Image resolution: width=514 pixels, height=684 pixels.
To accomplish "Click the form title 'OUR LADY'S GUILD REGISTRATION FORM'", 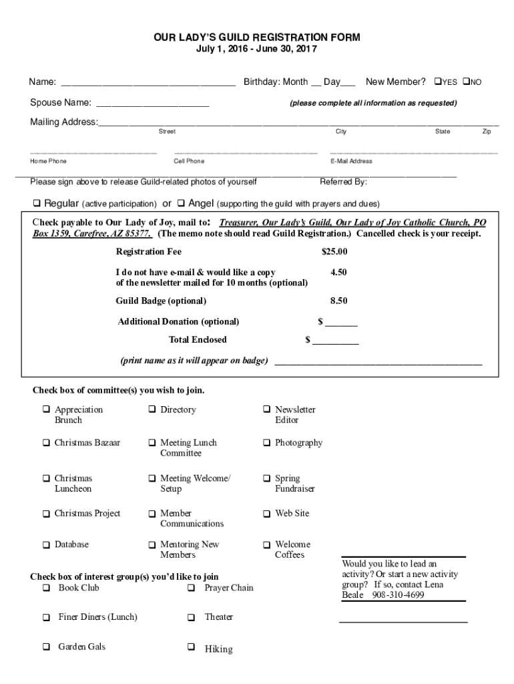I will (x=257, y=37).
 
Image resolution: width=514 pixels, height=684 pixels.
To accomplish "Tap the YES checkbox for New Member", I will (x=438, y=81).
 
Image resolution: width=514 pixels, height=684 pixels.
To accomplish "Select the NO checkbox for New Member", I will (x=466, y=81).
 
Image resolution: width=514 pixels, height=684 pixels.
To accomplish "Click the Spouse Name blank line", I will (x=153, y=104).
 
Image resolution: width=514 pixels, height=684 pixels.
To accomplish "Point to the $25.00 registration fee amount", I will (x=334, y=252).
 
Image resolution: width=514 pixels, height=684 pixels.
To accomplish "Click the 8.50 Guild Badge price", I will (x=338, y=301).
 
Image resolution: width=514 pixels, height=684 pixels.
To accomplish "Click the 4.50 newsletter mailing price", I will (x=338, y=273).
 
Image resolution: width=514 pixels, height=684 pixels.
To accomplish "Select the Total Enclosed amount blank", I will (x=336, y=341).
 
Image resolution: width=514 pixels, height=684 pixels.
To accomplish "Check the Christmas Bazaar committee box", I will (x=46, y=443).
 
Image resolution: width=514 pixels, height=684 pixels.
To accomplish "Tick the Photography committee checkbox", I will (x=266, y=443).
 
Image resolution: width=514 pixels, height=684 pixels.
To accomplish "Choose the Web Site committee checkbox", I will (x=266, y=514).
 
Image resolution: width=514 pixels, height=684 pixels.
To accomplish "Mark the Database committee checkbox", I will (x=46, y=545).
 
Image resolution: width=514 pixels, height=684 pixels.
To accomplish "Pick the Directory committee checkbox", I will (x=152, y=409).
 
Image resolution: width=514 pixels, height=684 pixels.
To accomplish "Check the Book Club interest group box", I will (x=46, y=588).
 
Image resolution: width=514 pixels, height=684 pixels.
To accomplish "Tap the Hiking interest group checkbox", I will (x=191, y=647).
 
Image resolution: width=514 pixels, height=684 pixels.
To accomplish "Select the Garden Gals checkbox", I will (x=46, y=647).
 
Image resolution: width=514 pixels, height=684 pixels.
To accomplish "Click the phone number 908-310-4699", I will (x=398, y=595).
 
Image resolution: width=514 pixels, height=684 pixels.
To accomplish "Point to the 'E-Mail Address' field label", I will (x=351, y=161).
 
